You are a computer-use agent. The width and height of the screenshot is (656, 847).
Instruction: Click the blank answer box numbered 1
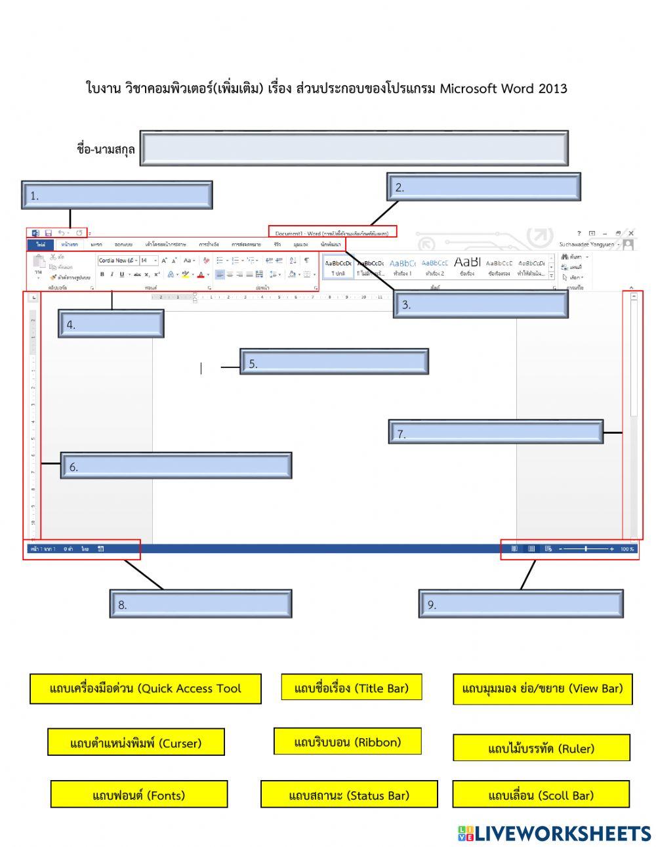pyautogui.click(x=117, y=195)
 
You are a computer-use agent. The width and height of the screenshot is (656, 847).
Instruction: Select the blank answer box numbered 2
pyautogui.click(x=483, y=187)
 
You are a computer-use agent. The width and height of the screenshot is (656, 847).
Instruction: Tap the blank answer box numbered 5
pyautogui.click(x=334, y=362)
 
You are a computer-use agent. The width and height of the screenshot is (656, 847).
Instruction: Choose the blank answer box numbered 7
pyautogui.click(x=495, y=432)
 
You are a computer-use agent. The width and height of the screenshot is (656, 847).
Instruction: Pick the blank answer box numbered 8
pyautogui.click(x=200, y=604)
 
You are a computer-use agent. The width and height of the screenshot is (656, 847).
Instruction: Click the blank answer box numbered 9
pyautogui.click(x=521, y=604)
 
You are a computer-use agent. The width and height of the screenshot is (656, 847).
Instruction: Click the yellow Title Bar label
pyautogui.click(x=351, y=688)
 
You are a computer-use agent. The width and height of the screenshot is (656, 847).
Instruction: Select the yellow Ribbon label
pyautogui.click(x=347, y=741)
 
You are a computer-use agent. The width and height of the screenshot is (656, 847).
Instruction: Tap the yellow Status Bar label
pyautogui.click(x=348, y=795)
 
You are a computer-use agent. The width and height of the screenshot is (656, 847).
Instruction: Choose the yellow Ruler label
pyautogui.click(x=541, y=747)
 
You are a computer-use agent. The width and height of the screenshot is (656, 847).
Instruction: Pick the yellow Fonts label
pyautogui.click(x=139, y=795)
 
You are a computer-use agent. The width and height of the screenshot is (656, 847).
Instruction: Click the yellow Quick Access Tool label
pyautogui.click(x=145, y=688)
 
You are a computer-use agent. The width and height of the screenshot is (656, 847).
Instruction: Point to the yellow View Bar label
pyautogui.click(x=543, y=688)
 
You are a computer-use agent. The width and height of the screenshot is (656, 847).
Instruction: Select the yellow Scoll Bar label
pyautogui.click(x=541, y=795)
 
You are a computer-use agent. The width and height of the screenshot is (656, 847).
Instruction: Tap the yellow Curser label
pyautogui.click(x=136, y=742)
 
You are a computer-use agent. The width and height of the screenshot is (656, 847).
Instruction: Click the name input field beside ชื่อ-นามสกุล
pyautogui.click(x=354, y=148)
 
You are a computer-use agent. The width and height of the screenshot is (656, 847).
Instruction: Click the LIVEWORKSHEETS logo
pyautogui.click(x=554, y=833)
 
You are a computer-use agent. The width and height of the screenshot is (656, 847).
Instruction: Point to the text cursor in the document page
pyautogui.click(x=201, y=369)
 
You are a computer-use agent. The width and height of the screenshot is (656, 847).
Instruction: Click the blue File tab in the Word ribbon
pyautogui.click(x=41, y=245)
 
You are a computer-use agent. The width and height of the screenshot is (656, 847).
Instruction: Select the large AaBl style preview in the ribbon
pyautogui.click(x=467, y=264)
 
